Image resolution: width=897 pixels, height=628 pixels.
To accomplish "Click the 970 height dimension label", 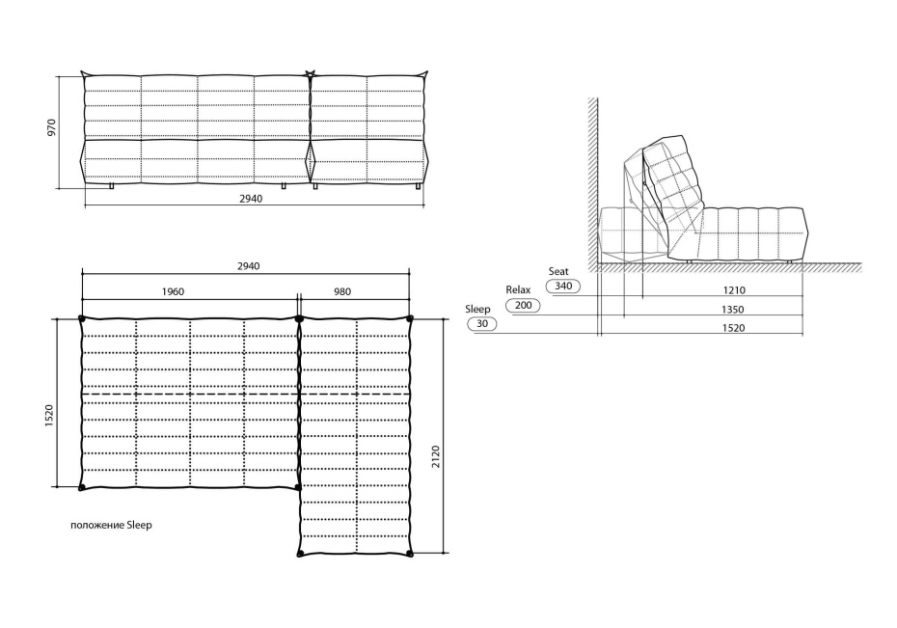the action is pyautogui.click(x=52, y=127).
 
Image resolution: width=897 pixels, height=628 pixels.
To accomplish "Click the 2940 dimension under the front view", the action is pyautogui.click(x=251, y=199).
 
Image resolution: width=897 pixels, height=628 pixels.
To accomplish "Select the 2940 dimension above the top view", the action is pyautogui.click(x=248, y=266).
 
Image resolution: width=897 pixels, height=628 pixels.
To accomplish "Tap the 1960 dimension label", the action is pyautogui.click(x=173, y=291).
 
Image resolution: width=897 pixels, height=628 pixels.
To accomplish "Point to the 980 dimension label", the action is pyautogui.click(x=342, y=291).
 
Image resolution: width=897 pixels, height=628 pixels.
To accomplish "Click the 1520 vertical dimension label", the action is pyautogui.click(x=49, y=416).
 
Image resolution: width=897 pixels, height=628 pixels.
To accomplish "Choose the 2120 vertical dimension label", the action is pyautogui.click(x=436, y=457).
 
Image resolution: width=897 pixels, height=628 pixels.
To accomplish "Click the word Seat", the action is pyautogui.click(x=558, y=272).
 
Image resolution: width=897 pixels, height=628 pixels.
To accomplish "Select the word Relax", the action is pyautogui.click(x=518, y=290).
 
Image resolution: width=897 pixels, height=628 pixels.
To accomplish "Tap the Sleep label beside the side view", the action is pyautogui.click(x=477, y=310).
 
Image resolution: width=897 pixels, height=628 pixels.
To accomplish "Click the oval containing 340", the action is pyautogui.click(x=563, y=286).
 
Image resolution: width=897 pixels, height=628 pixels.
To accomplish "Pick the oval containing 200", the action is pyautogui.click(x=524, y=305).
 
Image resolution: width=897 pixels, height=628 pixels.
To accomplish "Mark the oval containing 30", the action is pyautogui.click(x=482, y=324).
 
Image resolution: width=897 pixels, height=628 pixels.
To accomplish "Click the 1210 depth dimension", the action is pyautogui.click(x=734, y=290).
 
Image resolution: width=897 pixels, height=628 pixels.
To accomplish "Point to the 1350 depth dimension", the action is pyautogui.click(x=732, y=310).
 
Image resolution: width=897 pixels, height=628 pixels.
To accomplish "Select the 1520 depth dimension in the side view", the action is pyautogui.click(x=733, y=328).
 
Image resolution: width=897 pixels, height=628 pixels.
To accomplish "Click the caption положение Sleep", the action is pyautogui.click(x=112, y=525).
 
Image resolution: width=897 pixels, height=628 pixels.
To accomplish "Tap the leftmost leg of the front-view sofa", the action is pyautogui.click(x=112, y=186).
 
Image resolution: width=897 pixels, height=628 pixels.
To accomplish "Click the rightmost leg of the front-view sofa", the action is pyautogui.click(x=420, y=186).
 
